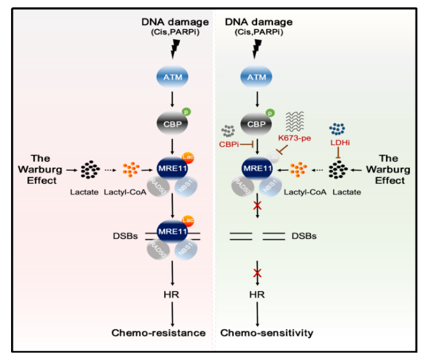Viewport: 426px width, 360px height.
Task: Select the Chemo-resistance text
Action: coord(158,333)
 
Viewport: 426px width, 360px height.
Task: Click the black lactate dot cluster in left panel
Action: coord(90,168)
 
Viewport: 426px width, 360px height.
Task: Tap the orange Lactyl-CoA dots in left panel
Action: coord(132,168)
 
